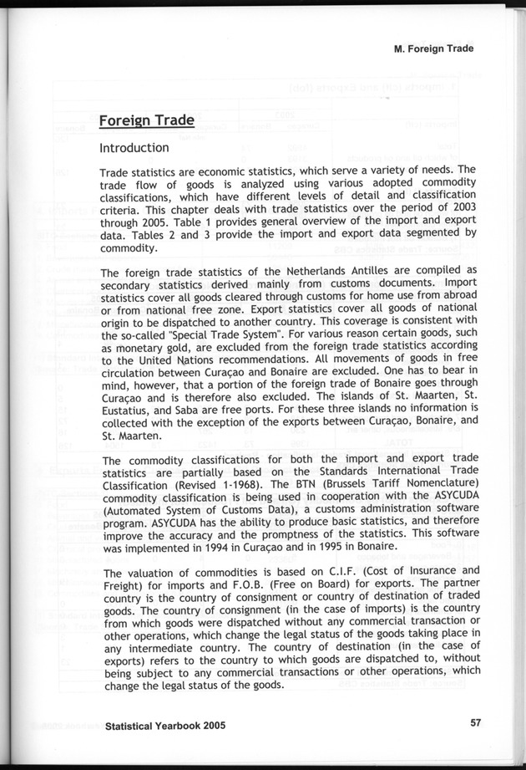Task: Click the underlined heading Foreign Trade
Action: click(x=146, y=120)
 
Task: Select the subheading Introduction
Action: click(x=134, y=148)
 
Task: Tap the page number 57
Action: click(x=475, y=724)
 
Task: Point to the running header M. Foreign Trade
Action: click(x=433, y=48)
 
